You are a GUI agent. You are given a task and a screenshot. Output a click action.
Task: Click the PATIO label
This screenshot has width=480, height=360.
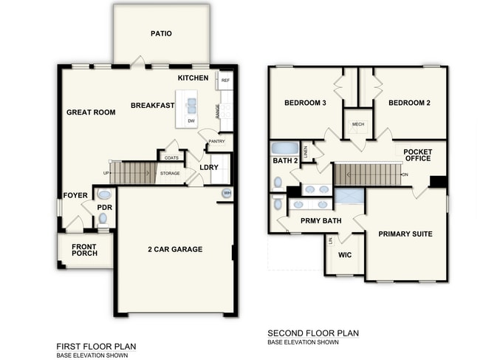[161, 33]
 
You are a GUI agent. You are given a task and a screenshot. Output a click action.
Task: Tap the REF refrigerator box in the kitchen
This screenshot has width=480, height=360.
[225, 80]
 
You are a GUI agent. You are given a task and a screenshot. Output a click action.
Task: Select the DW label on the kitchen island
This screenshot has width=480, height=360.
[191, 120]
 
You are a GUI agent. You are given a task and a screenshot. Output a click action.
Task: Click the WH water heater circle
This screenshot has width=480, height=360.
[227, 194]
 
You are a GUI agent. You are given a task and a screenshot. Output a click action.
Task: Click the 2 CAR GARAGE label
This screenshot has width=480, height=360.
[174, 249]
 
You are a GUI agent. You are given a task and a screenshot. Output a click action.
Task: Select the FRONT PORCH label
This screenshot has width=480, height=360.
[84, 251]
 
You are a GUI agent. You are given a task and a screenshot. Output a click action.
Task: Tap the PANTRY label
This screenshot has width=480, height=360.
[216, 140]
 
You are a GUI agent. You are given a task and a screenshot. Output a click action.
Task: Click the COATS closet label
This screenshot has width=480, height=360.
[171, 157]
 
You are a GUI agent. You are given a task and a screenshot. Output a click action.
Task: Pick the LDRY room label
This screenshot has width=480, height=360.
[209, 168]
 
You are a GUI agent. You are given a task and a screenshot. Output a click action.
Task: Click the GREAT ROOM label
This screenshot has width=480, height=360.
[91, 112]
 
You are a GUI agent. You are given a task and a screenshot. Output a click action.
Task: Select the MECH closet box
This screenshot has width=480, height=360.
[358, 124]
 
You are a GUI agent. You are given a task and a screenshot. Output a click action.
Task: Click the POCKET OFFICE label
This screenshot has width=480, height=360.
[418, 155]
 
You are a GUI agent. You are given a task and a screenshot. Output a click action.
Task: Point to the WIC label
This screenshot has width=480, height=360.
[344, 255]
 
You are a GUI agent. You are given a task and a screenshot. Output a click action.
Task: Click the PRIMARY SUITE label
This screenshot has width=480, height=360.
[405, 234]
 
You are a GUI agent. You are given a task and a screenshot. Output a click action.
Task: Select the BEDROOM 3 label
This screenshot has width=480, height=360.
[305, 103]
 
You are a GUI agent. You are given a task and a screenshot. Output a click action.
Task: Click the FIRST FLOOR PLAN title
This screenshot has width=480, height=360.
[96, 346]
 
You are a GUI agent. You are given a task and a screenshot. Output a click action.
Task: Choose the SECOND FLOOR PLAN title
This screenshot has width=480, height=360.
[313, 333]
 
